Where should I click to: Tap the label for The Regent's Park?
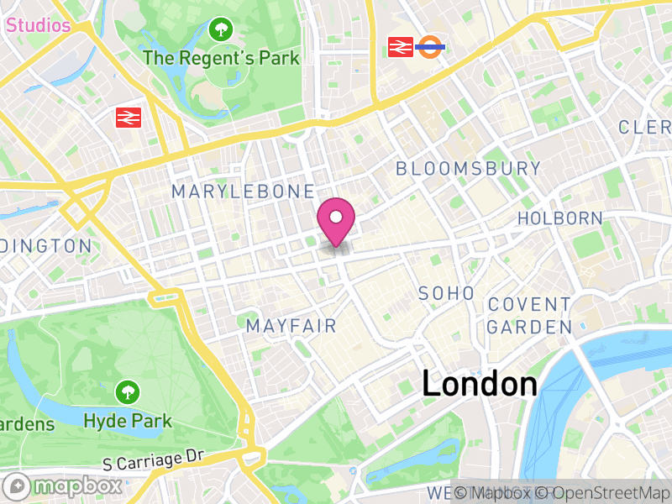coord(221,58)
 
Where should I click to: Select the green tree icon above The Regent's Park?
coord(221,30)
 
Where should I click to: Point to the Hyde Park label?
coord(128,421)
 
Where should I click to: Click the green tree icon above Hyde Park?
coord(128,391)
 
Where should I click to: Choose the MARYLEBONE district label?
coord(243,192)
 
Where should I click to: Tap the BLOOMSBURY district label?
coord(469,168)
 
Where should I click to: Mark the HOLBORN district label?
coord(559,218)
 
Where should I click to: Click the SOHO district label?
coord(446,293)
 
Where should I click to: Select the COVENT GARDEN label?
coord(529,315)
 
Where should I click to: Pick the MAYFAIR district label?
coord(291,325)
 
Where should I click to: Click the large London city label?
coord(480,384)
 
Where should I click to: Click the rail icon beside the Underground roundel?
coord(398,47)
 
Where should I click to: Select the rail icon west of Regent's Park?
coord(129,117)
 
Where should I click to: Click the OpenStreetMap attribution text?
coord(606,493)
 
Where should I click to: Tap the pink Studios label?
coord(38,25)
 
